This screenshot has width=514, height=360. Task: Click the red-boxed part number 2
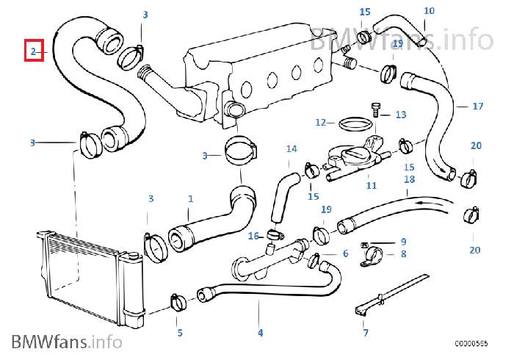pos(34,51)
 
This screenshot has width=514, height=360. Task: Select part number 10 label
pos(429,10)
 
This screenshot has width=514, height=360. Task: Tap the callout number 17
pos(478,107)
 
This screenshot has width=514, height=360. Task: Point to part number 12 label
pos(321,122)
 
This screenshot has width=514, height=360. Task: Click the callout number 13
pos(400,115)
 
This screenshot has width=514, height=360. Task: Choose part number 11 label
pos(372,185)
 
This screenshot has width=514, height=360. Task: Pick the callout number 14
pos(292,149)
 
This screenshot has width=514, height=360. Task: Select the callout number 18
pos(409,179)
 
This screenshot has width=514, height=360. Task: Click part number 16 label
pos(253,236)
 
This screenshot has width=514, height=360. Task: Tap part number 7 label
pos(366,333)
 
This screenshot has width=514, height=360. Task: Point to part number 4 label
pos(260,333)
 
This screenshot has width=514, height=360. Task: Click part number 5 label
pos(179,333)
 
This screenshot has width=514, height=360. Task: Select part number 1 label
pos(191,198)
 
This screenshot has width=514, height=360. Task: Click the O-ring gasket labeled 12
pos(354,122)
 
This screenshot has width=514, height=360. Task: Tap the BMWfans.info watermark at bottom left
pos(66,342)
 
